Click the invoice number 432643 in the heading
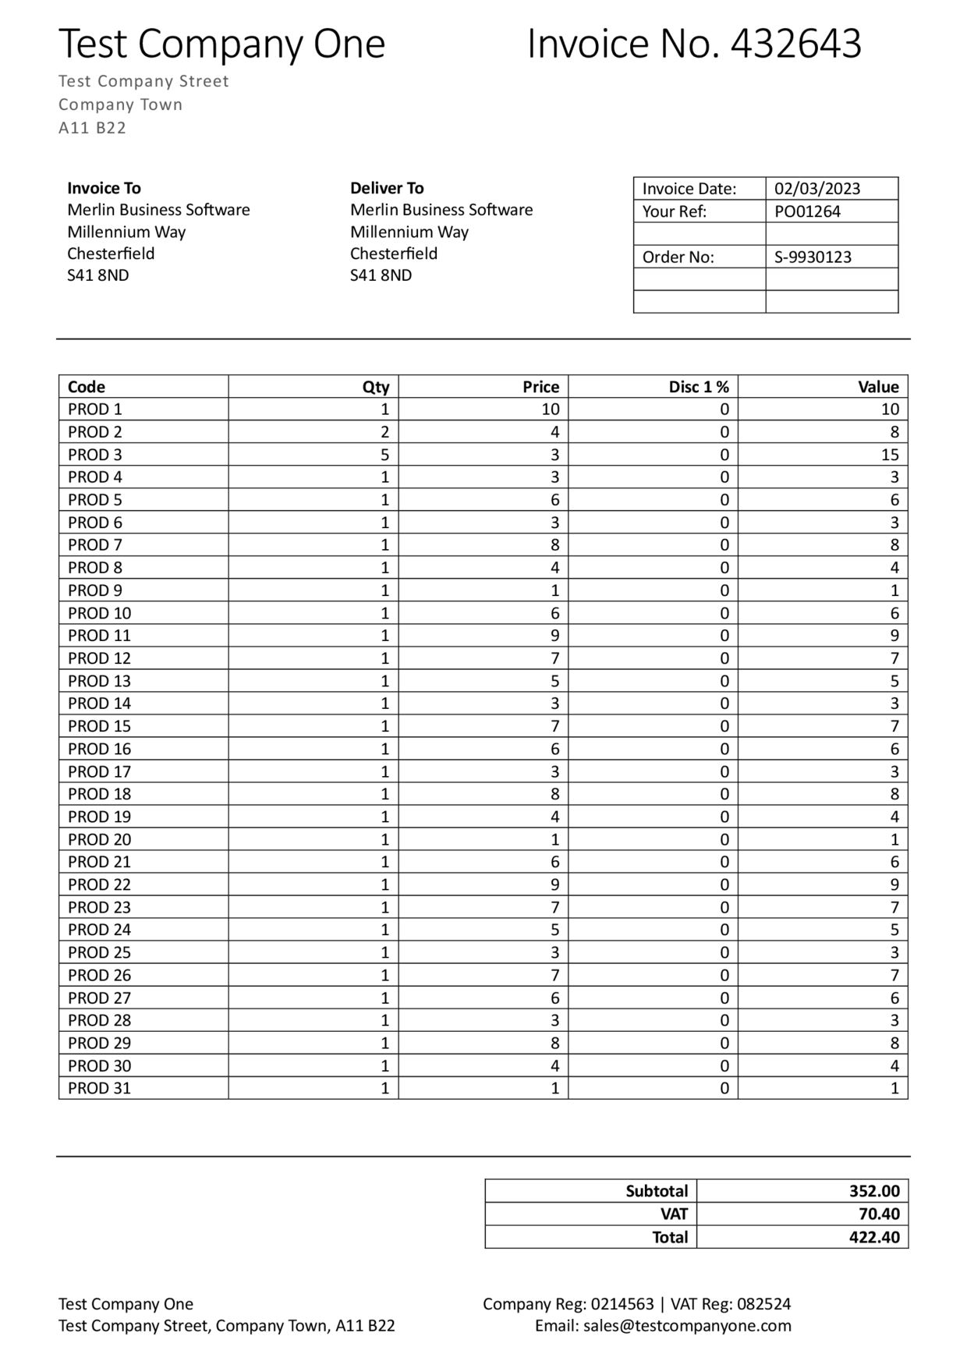[795, 44]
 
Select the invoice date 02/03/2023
[816, 189]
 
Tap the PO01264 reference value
[807, 211]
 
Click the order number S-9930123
[813, 257]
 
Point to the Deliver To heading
[387, 188]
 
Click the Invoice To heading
[104, 188]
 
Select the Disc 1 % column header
[698, 387]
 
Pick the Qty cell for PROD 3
[384, 455]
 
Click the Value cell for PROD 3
[889, 455]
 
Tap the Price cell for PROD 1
[550, 409]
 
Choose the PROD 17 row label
[99, 771]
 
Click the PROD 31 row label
[99, 1088]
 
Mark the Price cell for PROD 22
[554, 884]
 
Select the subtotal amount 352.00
[873, 1191]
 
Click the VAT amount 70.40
[878, 1214]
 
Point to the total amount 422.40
[873, 1237]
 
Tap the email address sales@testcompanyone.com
[686, 1326]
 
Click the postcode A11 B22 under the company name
[92, 128]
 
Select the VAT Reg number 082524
[763, 1304]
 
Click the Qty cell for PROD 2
[384, 432]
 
